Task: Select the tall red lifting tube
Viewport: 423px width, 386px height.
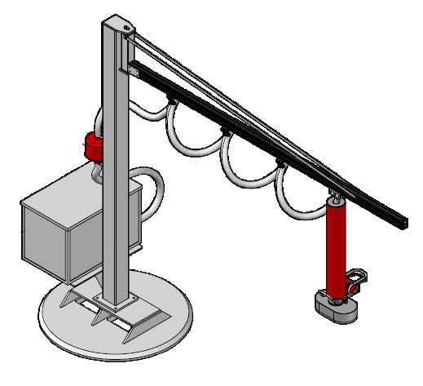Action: tap(334, 249)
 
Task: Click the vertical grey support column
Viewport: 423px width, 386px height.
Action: tap(114, 163)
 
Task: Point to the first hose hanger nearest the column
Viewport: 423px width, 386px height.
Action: tap(170, 99)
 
